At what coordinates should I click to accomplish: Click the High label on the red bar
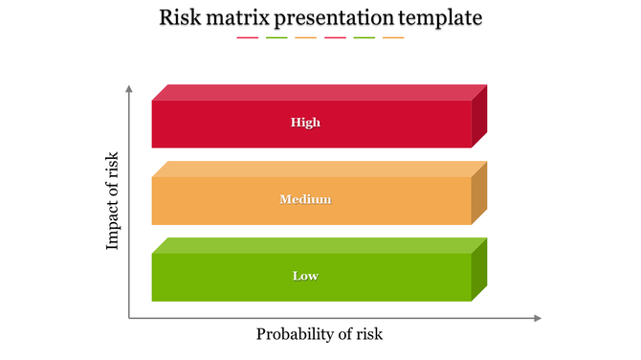click(x=305, y=123)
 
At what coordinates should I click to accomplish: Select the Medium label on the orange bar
click(x=305, y=199)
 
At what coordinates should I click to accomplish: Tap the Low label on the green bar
click(x=305, y=276)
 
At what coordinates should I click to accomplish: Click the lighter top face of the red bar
click(x=316, y=93)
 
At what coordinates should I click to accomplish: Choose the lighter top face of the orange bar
click(x=316, y=169)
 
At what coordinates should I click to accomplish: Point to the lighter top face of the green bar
click(x=316, y=246)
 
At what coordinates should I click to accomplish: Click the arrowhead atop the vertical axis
click(x=128, y=89)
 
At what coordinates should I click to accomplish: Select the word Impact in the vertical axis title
click(x=113, y=226)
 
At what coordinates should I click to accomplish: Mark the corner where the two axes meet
click(x=128, y=318)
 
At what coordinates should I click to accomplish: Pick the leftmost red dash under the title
click(x=247, y=38)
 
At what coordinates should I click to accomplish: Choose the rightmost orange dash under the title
click(x=393, y=38)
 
